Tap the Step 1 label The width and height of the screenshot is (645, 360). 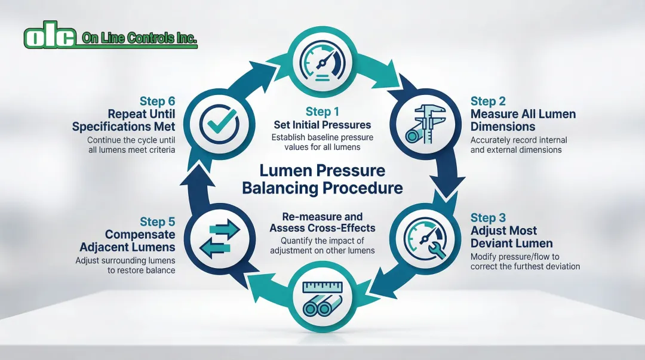322,112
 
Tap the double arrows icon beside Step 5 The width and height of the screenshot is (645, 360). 219,238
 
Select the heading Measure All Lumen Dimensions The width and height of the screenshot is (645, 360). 523,120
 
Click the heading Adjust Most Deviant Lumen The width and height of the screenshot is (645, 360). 511,237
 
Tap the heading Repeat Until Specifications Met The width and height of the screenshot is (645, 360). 124,120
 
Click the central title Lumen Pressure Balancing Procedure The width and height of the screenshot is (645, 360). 322,179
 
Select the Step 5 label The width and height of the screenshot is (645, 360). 157,221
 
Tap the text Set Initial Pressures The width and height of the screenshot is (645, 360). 322,125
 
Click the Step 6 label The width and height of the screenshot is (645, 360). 158,100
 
